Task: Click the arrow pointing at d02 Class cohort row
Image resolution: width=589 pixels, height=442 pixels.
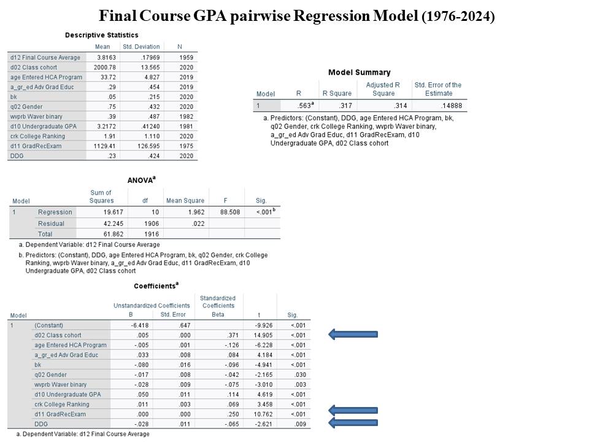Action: pos(353,335)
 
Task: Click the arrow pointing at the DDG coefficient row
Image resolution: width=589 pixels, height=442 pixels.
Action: pos(353,423)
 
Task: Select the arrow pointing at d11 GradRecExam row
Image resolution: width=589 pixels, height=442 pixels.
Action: pos(353,410)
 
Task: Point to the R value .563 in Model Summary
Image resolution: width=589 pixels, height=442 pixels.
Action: pos(296,106)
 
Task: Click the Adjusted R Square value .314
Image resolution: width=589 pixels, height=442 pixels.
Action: pos(390,106)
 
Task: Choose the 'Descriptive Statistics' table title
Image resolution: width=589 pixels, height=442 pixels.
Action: pos(102,35)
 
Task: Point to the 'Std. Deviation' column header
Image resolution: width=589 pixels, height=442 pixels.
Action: pos(141,47)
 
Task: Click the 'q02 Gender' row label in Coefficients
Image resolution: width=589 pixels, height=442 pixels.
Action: pos(50,374)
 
